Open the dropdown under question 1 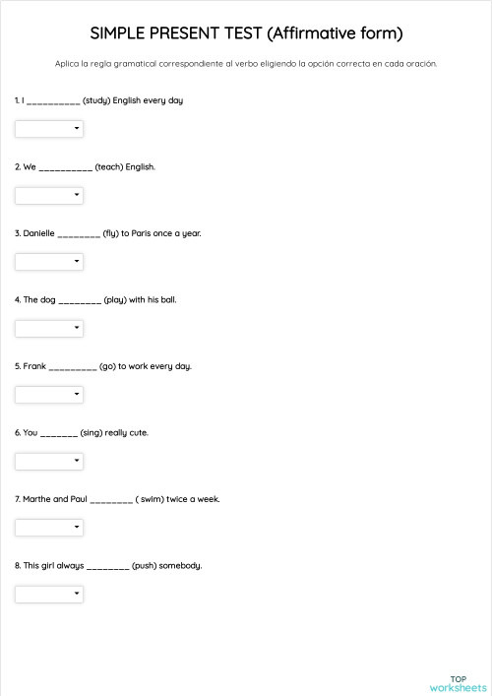[49, 129]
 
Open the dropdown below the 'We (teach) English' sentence [49, 195]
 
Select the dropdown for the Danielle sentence [49, 262]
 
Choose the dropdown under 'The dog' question [49, 328]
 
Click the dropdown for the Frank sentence [49, 395]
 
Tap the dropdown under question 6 [49, 461]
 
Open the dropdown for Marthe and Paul [49, 528]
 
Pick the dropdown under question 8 [49, 594]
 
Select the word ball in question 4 [168, 300]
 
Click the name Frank [34, 366]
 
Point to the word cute [138, 433]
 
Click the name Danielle [38, 233]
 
